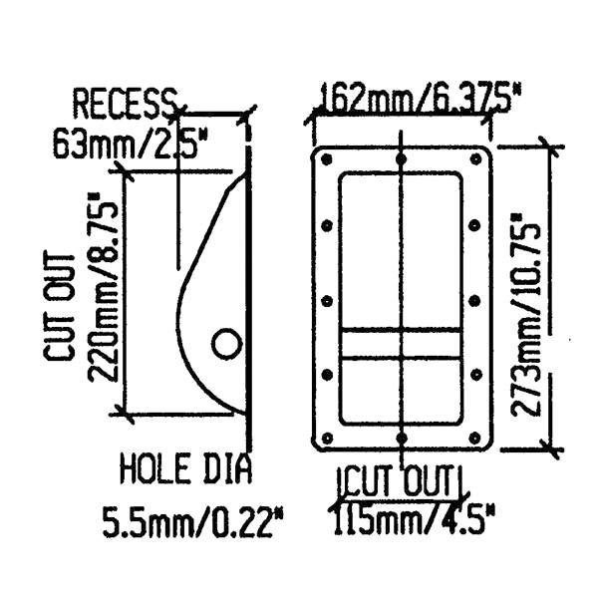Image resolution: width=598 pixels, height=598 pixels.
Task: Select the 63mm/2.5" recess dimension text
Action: [130, 146]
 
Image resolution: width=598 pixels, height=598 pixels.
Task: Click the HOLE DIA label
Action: [185, 468]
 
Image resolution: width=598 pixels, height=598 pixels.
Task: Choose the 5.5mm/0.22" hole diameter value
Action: [194, 520]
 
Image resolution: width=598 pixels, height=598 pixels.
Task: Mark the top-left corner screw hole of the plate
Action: [325, 158]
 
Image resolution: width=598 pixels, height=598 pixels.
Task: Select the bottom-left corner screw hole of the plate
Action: [325, 437]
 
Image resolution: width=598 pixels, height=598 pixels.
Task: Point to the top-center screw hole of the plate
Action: [401, 158]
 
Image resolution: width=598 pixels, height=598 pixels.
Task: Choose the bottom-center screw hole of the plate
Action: [401, 437]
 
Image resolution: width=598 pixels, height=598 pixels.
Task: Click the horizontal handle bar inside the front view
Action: [401, 343]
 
